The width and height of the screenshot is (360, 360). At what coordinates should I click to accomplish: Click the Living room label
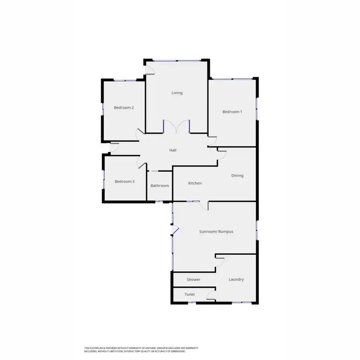tap(177, 93)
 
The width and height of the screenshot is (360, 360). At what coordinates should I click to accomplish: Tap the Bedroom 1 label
tap(232, 112)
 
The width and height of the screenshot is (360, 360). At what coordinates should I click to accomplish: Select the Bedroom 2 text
tap(123, 108)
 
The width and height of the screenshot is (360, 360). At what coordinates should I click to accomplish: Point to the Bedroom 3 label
tap(124, 181)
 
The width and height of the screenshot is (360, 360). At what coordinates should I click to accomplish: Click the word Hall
tap(173, 150)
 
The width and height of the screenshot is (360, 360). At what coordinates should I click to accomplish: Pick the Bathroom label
tap(159, 186)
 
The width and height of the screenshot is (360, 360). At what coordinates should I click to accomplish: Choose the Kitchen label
tap(195, 183)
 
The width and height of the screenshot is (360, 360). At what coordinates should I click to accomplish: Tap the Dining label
tap(237, 176)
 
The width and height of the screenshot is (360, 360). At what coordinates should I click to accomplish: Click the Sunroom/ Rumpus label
tap(216, 231)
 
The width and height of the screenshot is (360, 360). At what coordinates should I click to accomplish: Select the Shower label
tap(193, 279)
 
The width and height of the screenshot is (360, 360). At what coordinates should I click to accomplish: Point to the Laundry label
tap(236, 279)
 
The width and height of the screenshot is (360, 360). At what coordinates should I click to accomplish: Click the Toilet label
tap(190, 295)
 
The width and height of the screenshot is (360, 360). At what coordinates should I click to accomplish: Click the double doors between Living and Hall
tap(177, 127)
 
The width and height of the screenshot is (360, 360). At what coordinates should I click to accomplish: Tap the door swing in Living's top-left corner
tap(150, 71)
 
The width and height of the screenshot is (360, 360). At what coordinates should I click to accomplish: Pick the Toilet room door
tap(211, 295)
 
